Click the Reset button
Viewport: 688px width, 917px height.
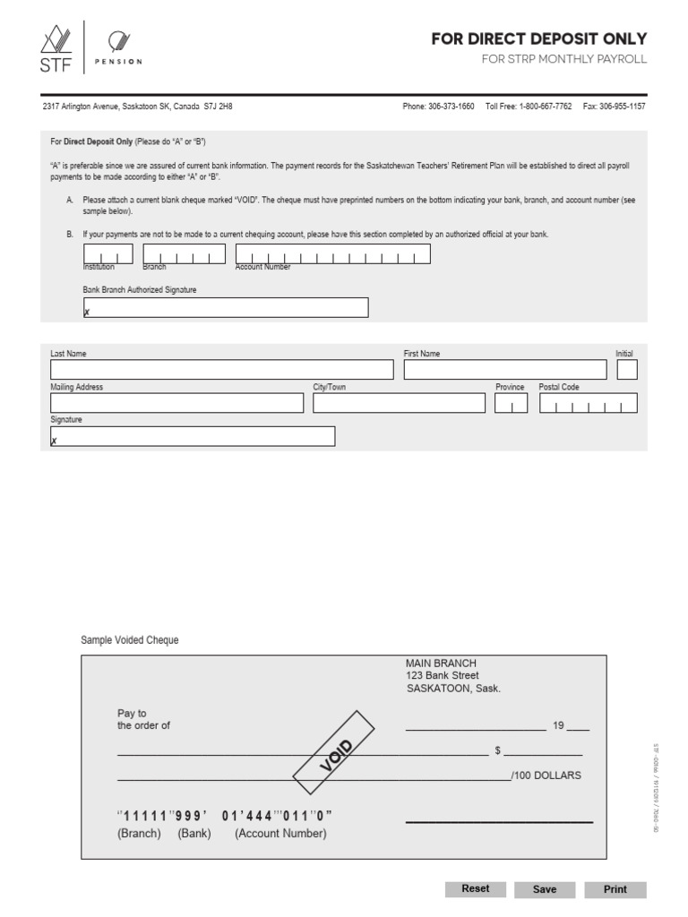tap(475, 889)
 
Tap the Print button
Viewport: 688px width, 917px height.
tap(615, 889)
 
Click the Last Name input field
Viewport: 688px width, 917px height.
tap(221, 370)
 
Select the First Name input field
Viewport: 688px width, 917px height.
tap(504, 370)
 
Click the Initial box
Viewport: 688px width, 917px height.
tap(627, 370)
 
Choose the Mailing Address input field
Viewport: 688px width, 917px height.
tap(176, 403)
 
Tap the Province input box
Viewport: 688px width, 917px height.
tap(511, 403)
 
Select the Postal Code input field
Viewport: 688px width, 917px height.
tap(588, 403)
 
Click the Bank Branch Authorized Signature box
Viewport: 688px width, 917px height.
tap(225, 307)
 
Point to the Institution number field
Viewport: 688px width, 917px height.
tap(107, 254)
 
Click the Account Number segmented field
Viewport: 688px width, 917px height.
tap(332, 254)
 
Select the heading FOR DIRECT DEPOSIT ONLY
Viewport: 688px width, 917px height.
tap(538, 39)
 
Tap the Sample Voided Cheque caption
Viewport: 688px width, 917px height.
tap(130, 640)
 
